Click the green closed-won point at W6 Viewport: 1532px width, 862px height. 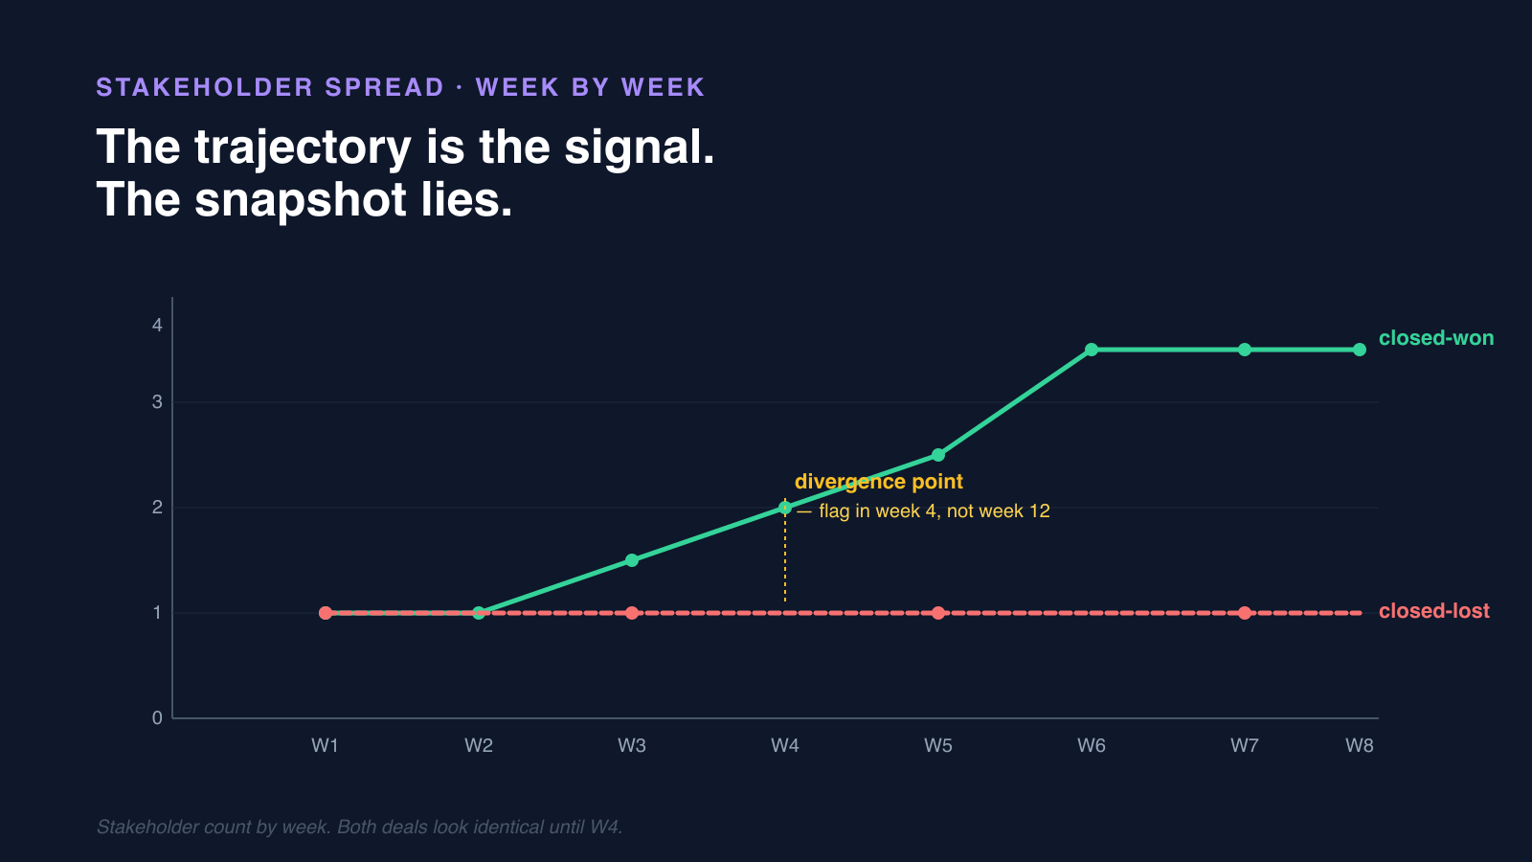click(1092, 350)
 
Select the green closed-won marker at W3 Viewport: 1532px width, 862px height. click(632, 560)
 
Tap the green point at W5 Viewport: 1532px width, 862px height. click(938, 455)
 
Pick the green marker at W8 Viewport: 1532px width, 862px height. click(1360, 350)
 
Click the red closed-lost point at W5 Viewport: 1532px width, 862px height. click(938, 613)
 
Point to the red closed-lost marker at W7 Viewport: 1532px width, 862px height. click(1245, 613)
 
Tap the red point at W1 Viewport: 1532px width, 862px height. click(326, 613)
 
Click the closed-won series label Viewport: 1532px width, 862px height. click(1435, 338)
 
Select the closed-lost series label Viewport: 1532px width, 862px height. click(1433, 611)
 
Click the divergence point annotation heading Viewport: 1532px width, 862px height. click(878, 482)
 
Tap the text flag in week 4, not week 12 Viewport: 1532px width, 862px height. click(934, 511)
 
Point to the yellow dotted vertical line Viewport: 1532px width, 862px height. click(785, 565)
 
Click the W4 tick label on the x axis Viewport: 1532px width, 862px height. click(785, 745)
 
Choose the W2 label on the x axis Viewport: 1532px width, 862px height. click(479, 745)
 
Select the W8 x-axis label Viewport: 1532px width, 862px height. click(1359, 745)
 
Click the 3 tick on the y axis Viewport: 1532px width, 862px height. click(157, 402)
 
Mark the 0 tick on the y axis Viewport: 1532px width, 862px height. click(157, 718)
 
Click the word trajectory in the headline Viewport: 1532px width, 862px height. click(303, 148)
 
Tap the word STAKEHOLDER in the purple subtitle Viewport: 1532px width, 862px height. click(204, 87)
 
